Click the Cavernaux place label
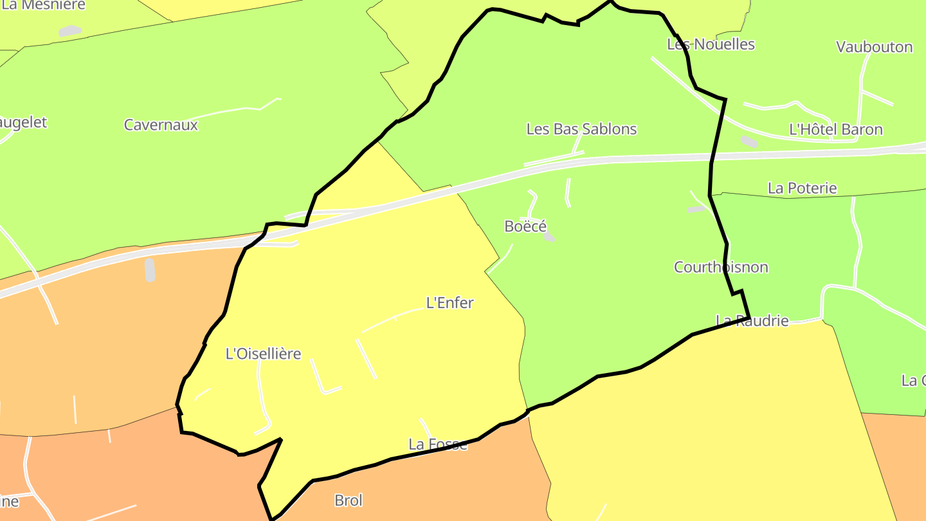[161, 125]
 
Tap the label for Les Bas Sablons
[581, 129]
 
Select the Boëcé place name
[525, 226]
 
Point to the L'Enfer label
[450, 303]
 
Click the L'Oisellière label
[263, 354]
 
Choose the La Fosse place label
[438, 444]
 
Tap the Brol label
[349, 500]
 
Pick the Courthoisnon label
[721, 267]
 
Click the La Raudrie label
[752, 320]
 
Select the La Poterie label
[803, 188]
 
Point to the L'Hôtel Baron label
[836, 130]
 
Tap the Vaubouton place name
[874, 47]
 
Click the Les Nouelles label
[711, 44]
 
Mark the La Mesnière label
[44, 5]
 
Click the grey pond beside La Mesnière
[70, 30]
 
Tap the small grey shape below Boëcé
[549, 237]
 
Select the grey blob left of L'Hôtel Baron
[749, 141]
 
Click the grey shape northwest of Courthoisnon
[696, 209]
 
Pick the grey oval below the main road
[150, 270]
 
